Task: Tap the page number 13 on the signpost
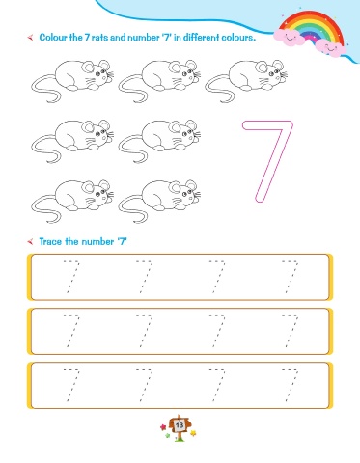[180, 425]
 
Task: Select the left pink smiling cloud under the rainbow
[290, 37]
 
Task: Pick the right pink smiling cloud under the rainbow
[330, 48]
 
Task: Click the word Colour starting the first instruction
[53, 38]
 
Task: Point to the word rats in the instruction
[99, 38]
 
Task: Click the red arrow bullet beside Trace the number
[30, 241]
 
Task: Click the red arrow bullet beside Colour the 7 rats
[30, 38]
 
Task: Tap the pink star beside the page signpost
[163, 427]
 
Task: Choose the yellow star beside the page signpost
[193, 433]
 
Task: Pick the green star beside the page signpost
[167, 435]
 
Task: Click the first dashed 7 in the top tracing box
[71, 277]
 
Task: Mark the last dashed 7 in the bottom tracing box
[291, 385]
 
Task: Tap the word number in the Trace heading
[97, 241]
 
